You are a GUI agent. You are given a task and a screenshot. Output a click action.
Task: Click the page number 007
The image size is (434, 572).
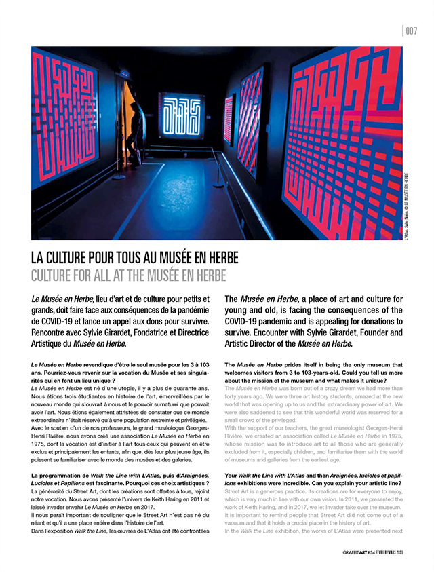tap(410, 29)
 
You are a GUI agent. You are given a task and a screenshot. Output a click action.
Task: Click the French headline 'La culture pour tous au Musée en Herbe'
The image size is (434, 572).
tap(135, 260)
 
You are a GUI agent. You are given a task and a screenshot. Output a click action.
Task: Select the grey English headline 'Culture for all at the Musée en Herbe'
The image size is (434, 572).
tap(128, 276)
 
